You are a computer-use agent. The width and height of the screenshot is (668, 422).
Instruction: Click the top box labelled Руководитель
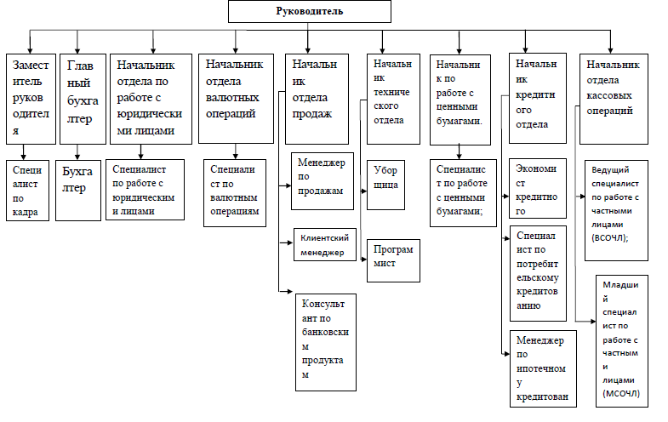tap(309, 12)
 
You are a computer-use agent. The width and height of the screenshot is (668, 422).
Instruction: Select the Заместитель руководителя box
tap(31, 99)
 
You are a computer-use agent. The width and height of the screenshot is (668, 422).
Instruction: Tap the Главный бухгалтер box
tap(83, 99)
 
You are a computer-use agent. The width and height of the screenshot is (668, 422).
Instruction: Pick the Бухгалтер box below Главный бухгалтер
tap(78, 191)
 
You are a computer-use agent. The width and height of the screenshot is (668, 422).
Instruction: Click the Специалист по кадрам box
tap(28, 191)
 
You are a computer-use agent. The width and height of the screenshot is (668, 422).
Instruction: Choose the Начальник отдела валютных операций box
tap(236, 99)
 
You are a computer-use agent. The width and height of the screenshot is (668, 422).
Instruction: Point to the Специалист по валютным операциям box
tap(235, 193)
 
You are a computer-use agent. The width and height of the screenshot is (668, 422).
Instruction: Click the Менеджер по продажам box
tap(323, 181)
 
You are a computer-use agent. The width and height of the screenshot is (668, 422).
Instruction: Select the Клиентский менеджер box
tap(325, 244)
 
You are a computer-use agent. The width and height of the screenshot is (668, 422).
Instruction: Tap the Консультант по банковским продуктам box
tap(326, 342)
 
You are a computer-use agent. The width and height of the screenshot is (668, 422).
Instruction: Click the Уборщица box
tap(386, 185)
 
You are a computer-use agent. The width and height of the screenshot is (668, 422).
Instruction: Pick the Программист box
tap(394, 260)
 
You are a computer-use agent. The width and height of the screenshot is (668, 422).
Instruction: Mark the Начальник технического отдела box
tap(394, 99)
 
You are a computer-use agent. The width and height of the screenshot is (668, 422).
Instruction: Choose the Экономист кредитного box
tap(538, 188)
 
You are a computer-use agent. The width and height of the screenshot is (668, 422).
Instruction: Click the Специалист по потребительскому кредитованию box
tap(538, 273)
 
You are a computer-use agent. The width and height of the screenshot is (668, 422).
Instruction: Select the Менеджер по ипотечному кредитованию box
tap(543, 368)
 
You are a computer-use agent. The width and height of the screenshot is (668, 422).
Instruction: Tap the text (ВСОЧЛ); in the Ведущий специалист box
tap(609, 238)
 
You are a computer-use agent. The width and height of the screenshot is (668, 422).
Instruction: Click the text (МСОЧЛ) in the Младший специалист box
tap(621, 393)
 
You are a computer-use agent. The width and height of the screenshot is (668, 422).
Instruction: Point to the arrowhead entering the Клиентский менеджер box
tap(290, 242)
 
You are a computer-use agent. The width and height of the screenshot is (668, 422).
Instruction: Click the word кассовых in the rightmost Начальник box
tap(609, 95)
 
